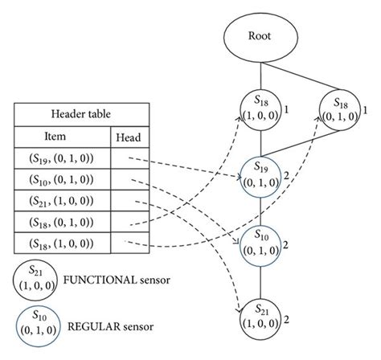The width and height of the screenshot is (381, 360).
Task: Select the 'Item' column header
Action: [62, 138]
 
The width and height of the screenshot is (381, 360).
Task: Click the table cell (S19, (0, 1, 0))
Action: [62, 159]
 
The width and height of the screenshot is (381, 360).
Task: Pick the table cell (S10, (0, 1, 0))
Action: [62, 179]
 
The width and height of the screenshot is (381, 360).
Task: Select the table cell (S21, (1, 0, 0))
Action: [62, 200]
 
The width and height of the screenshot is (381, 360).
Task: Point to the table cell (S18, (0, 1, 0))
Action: [62, 220]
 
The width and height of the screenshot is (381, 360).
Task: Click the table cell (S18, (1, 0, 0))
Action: [62, 241]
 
